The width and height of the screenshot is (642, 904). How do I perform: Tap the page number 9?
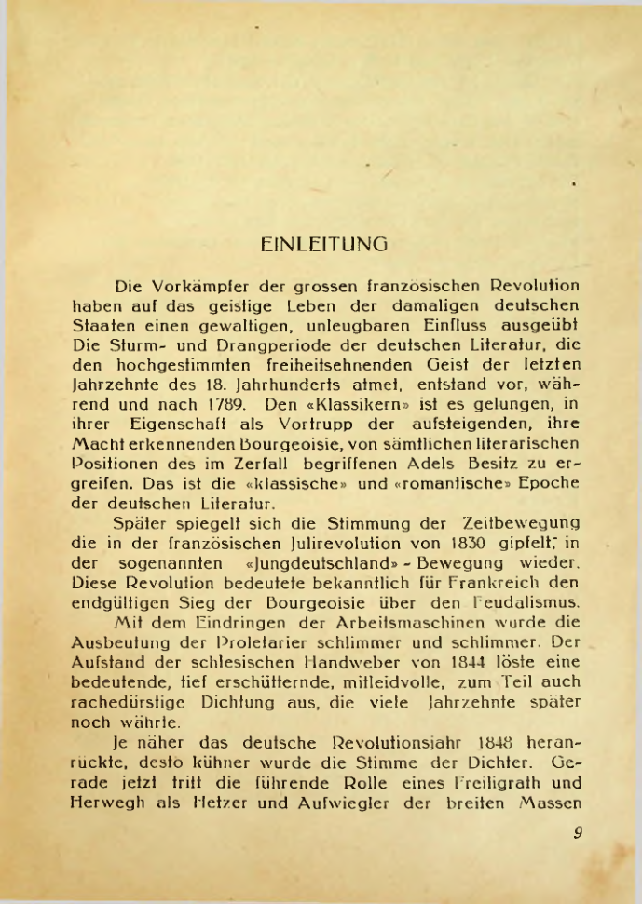[x=578, y=833]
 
